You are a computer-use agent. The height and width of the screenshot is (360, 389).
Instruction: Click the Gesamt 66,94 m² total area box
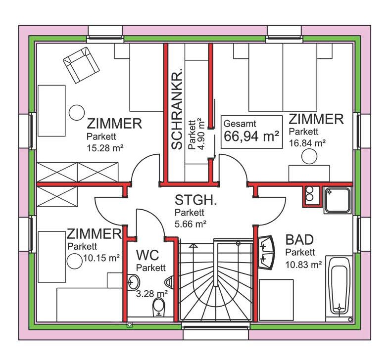point(251,132)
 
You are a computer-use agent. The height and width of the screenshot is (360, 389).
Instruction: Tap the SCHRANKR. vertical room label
point(177,108)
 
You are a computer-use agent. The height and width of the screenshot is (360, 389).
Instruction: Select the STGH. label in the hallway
point(196,200)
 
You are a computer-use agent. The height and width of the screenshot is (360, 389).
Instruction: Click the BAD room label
point(299,239)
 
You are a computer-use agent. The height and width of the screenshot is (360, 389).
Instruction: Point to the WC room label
point(147,255)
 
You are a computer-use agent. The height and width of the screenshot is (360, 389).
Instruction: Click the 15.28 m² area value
point(105,148)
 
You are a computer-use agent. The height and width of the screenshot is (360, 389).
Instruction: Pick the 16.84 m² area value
point(307,143)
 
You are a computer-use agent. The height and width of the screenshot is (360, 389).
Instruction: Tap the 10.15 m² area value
point(101,258)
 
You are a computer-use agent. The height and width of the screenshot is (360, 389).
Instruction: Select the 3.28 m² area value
point(152,294)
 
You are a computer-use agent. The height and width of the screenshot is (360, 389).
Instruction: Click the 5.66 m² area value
point(191,224)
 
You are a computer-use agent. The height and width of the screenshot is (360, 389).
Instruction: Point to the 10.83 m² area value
point(303,265)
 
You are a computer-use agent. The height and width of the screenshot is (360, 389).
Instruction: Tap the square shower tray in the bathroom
point(338,200)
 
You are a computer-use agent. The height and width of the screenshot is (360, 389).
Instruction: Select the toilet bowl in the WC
point(159,307)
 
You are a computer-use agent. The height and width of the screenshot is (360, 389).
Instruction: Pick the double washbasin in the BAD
point(266,252)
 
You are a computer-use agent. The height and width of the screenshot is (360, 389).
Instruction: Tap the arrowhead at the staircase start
point(194,245)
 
